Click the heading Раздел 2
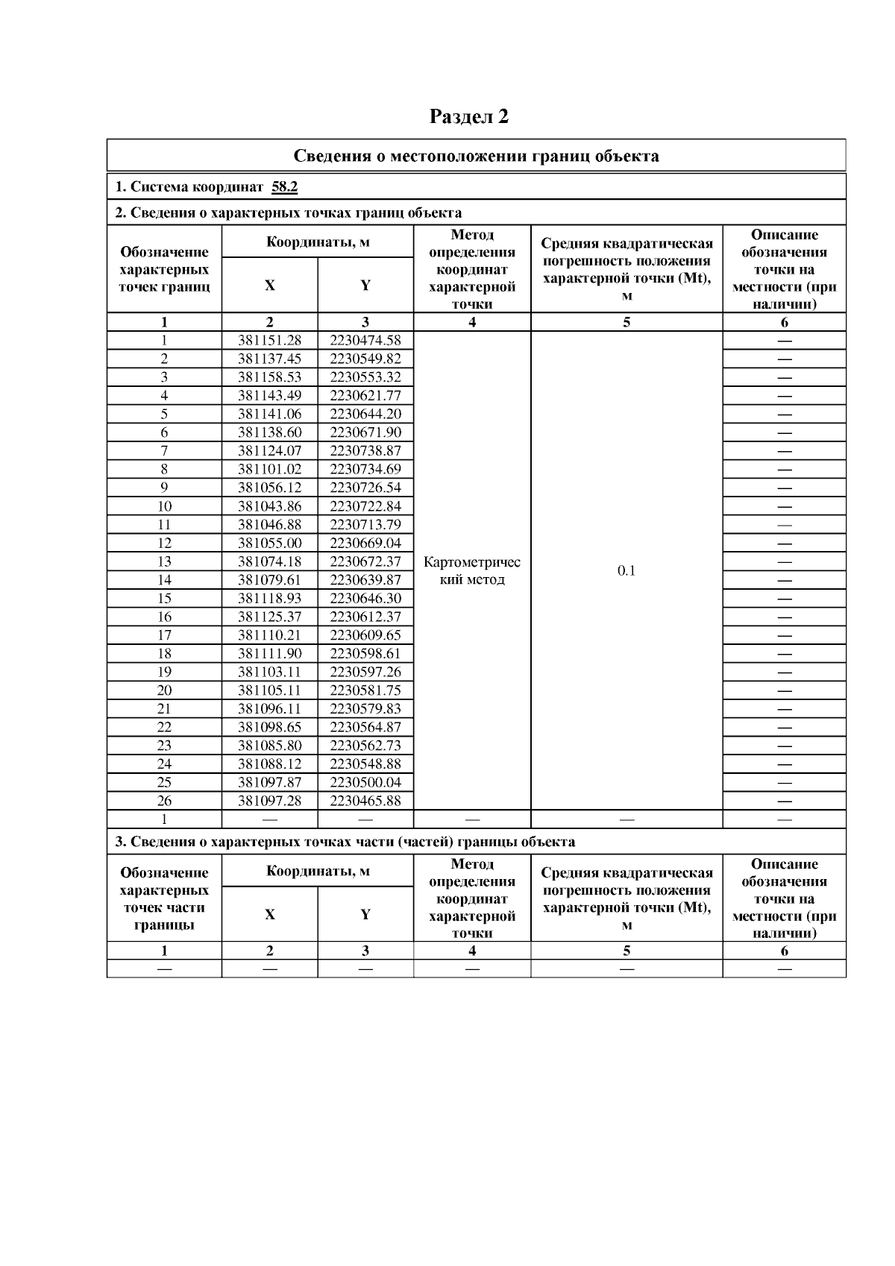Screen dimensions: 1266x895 [x=469, y=117]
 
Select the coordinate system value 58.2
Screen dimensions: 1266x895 [x=285, y=187]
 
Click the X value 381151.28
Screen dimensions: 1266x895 [x=269, y=341]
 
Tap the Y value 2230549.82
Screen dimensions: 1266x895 [x=365, y=359]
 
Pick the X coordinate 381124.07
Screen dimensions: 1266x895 [x=269, y=451]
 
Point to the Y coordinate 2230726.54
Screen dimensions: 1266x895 [x=365, y=488]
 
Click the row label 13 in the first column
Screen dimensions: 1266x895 [x=164, y=561]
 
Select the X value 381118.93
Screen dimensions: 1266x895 [x=269, y=599]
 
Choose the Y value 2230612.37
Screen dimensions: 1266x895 [x=365, y=617]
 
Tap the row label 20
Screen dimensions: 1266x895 [x=164, y=690]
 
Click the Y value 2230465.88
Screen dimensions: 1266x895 [x=365, y=801]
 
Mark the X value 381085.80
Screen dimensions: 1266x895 [x=269, y=746]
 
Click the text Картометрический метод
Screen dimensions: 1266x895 [x=471, y=571]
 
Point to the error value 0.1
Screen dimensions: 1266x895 [x=626, y=571]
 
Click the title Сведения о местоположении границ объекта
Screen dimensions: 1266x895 [x=476, y=157]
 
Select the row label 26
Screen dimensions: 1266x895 [x=164, y=801]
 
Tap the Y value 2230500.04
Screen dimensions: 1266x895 [x=365, y=783]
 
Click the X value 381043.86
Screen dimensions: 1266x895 [x=269, y=506]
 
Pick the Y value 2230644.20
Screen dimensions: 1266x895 [x=365, y=415]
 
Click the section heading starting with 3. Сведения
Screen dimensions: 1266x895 [x=345, y=842]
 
